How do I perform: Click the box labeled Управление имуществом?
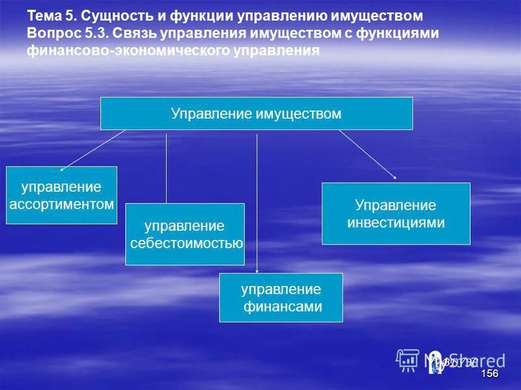point(256,113)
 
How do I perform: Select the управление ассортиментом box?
point(61,195)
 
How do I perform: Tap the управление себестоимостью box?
point(185,234)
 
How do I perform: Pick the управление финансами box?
point(281,298)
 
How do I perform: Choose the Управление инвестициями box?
point(396,213)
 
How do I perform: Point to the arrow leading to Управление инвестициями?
point(367,153)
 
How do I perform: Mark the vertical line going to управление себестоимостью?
point(166,169)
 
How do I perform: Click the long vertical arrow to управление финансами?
point(257,201)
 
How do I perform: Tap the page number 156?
point(489,374)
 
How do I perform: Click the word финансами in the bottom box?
point(283,307)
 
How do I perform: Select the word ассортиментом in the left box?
point(61,203)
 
